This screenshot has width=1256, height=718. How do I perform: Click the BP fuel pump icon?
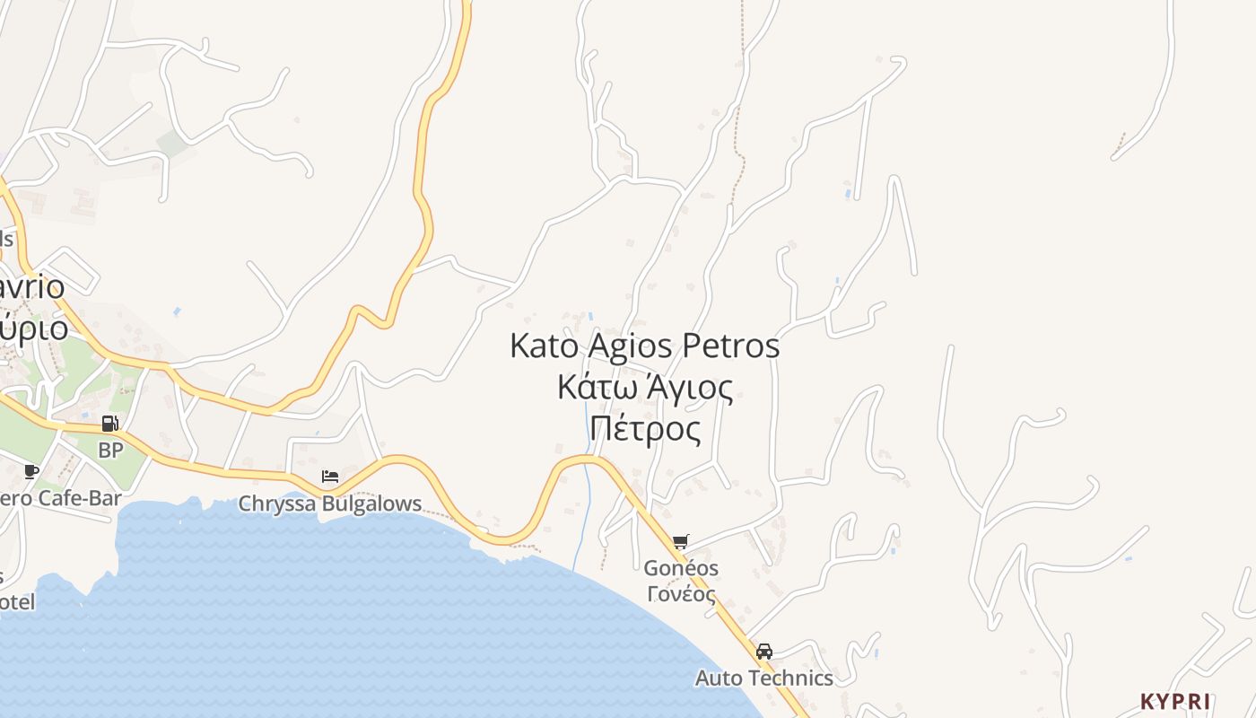[x=109, y=424]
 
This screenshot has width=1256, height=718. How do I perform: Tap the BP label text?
[x=110, y=450]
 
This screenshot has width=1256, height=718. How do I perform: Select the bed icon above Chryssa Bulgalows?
[x=330, y=476]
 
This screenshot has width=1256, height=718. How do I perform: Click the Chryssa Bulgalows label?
[x=329, y=503]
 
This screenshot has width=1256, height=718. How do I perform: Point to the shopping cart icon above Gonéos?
[x=680, y=541]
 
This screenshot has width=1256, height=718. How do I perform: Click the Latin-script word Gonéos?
[x=681, y=568]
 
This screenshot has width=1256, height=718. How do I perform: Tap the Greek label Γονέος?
[x=681, y=593]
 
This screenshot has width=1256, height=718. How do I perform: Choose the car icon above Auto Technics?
[x=764, y=652]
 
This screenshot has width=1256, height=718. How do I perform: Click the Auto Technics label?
[x=764, y=678]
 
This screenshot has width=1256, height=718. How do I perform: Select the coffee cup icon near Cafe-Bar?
[x=31, y=471]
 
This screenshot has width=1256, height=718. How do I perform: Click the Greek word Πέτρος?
[x=645, y=429]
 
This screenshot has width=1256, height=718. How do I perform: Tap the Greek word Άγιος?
[x=692, y=388]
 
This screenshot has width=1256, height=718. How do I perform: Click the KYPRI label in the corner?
[x=1175, y=701]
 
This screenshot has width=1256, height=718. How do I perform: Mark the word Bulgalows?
[x=371, y=503]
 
